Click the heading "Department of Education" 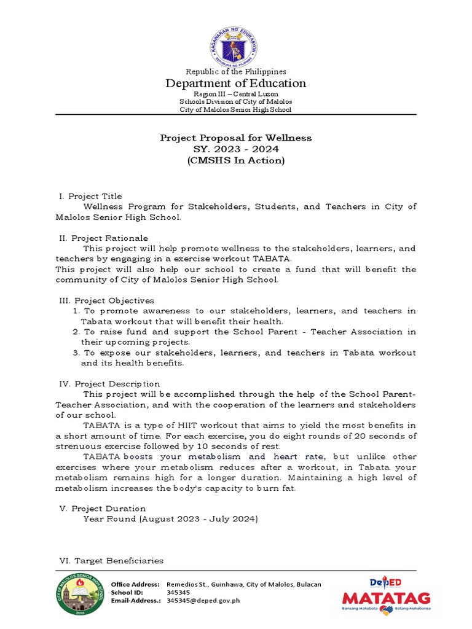point(236,84)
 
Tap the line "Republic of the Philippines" point(236,72)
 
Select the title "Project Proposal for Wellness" point(236,138)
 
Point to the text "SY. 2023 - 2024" point(236,149)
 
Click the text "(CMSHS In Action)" point(236,161)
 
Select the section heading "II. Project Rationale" point(103,238)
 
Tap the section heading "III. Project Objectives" point(106,300)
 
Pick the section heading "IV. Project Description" point(109,383)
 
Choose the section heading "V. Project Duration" point(103,509)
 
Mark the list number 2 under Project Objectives point(76,332)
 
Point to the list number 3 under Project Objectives point(76,353)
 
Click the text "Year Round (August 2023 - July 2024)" point(171,519)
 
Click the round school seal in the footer point(81,595)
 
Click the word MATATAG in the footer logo point(386,598)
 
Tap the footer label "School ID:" point(127,592)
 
